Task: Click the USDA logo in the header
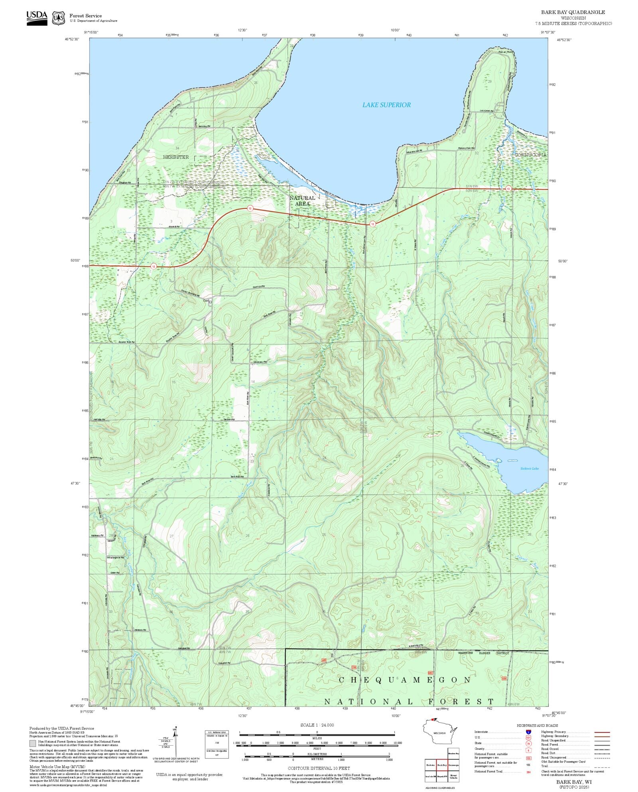pos(37,18)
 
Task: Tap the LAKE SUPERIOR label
pos(386,105)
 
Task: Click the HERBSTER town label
pos(175,157)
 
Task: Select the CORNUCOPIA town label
pos(530,155)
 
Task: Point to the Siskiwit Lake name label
pos(529,469)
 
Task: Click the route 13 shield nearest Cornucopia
pos(508,188)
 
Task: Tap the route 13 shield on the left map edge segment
pos(154,266)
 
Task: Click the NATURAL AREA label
pos(302,201)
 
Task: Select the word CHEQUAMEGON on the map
pos(405,680)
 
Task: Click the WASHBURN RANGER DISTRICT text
pos(483,653)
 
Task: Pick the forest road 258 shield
pos(354,667)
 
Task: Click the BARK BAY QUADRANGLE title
pos(573,12)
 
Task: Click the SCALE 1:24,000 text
pos(317,725)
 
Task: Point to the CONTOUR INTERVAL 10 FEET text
pos(319,768)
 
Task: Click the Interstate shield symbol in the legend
pos(528,732)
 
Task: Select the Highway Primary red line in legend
pos(602,732)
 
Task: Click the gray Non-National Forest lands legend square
pos(32,743)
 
